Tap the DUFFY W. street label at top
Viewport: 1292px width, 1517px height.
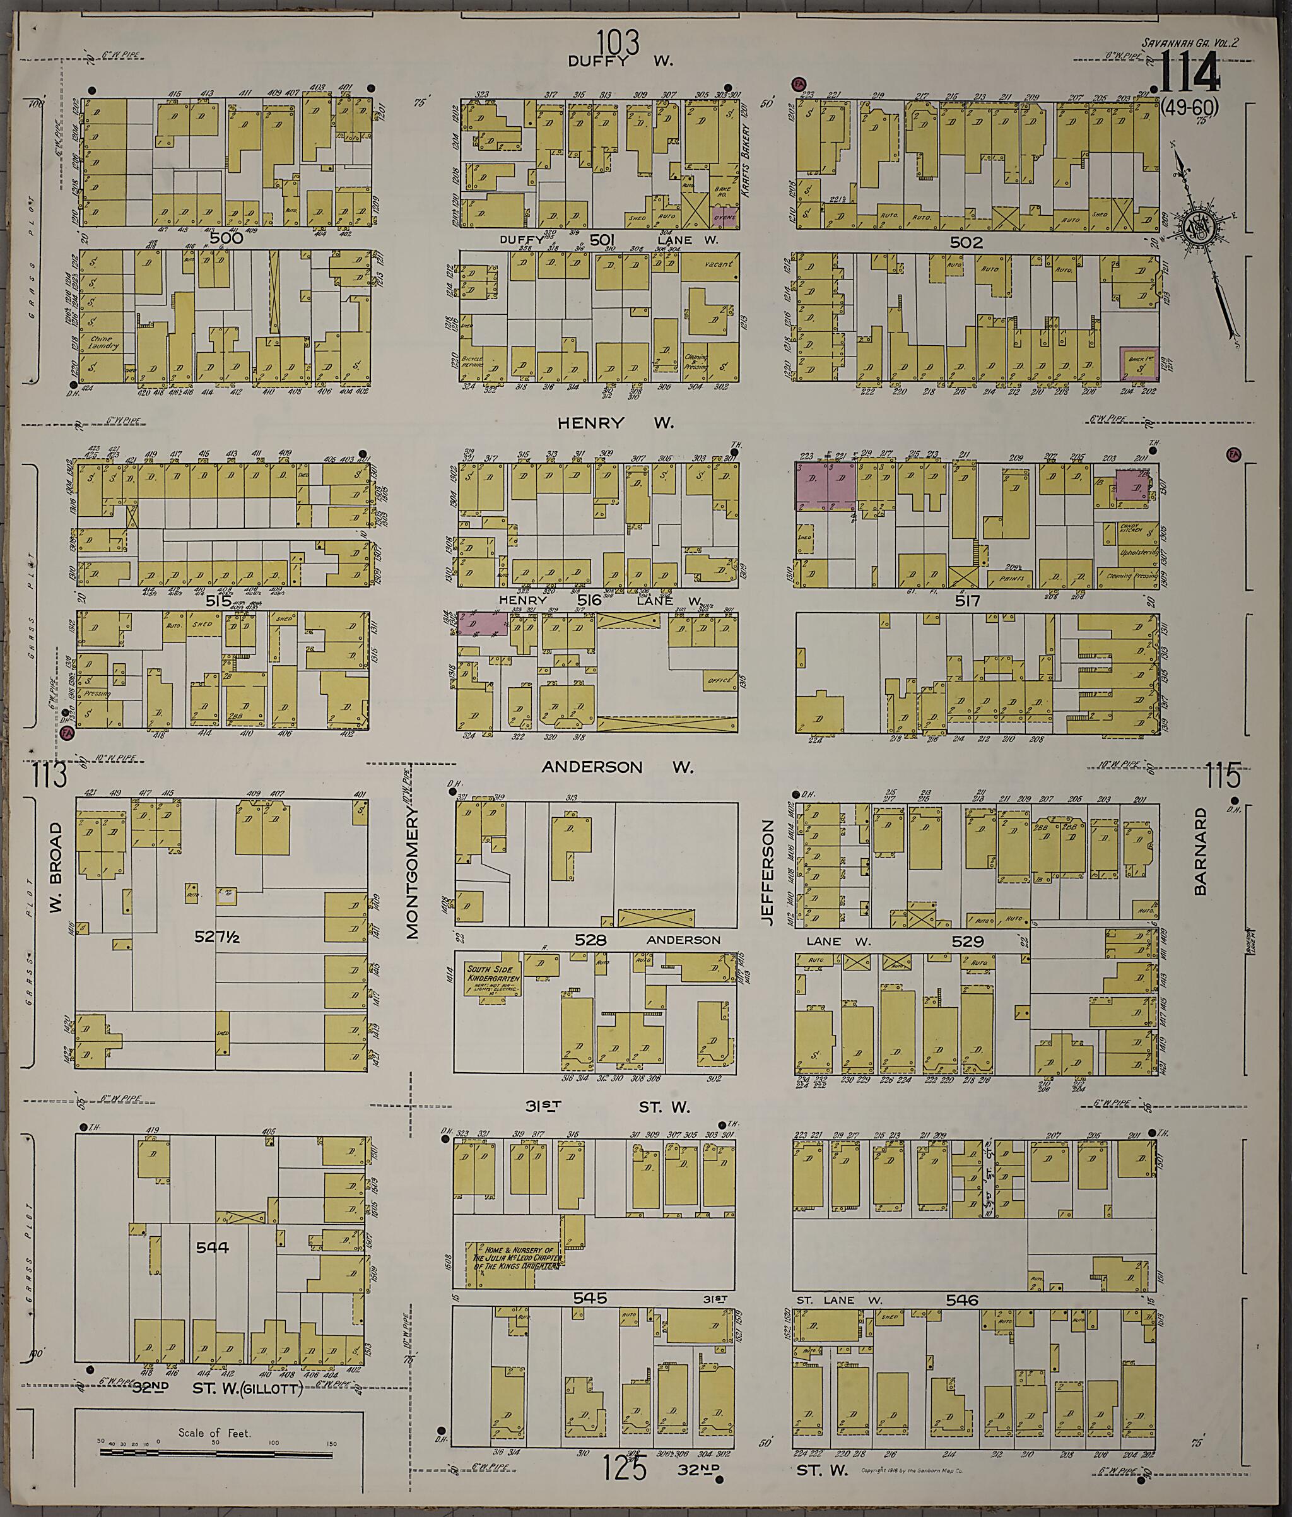coord(621,61)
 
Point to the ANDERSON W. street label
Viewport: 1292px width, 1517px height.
coord(617,767)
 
